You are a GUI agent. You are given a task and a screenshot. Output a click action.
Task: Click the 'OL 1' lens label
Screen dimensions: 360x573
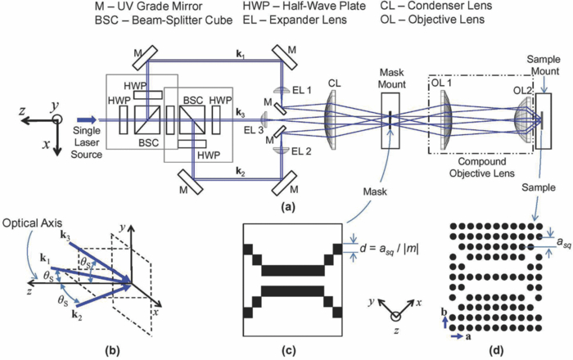[443, 84]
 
